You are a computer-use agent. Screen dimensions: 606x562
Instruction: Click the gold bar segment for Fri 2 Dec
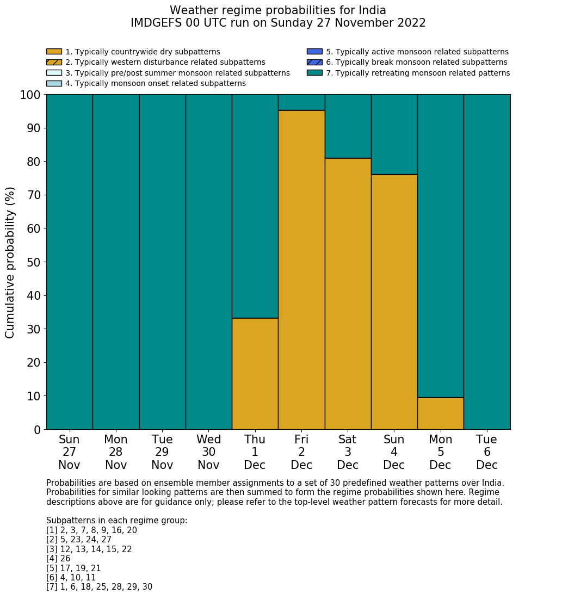(301, 270)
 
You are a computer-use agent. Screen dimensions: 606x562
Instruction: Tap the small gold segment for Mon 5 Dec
(440, 413)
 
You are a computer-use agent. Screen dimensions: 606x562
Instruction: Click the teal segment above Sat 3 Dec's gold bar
(348, 126)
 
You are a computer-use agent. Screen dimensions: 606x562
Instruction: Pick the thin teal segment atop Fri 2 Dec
(301, 102)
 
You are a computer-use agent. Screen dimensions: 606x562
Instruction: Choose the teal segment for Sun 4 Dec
(394, 134)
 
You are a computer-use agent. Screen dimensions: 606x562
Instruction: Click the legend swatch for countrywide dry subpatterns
(54, 52)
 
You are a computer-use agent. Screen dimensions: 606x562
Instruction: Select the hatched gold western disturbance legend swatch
(54, 62)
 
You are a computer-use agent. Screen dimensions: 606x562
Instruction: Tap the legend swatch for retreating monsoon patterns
(314, 73)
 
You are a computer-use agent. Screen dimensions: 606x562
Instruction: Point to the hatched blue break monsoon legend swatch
(314, 62)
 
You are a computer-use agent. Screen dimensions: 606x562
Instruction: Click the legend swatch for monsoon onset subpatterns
(54, 83)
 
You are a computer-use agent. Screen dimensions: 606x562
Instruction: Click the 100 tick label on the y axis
(30, 95)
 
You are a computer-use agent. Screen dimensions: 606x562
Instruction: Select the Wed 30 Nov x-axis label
(208, 452)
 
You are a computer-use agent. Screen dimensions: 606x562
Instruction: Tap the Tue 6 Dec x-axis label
(487, 452)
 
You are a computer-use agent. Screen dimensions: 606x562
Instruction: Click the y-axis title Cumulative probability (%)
(10, 262)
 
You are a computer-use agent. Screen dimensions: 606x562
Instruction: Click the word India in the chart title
(372, 10)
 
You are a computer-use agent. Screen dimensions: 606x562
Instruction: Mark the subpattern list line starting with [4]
(58, 559)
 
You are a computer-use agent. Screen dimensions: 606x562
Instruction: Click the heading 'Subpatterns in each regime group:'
(116, 521)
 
